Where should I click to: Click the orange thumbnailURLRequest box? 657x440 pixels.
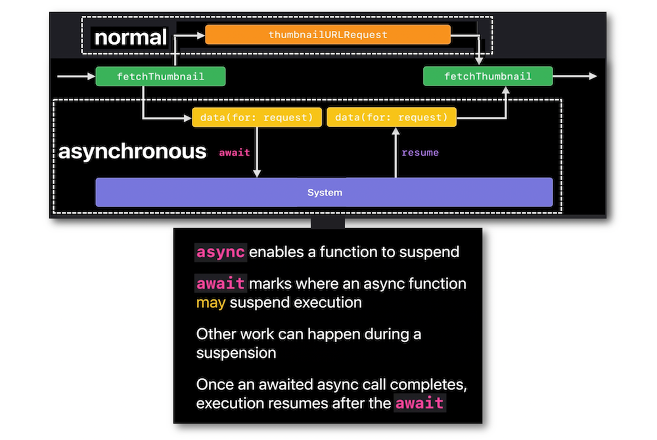(x=328, y=34)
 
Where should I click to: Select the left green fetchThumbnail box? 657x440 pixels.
(x=160, y=76)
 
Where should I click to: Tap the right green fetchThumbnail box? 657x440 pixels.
(x=487, y=76)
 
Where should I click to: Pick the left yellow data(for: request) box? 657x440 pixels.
(x=256, y=117)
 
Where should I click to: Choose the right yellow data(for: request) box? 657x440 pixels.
(x=392, y=117)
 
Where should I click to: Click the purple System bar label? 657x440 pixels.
(x=325, y=193)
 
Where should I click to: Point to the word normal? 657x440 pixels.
(x=131, y=37)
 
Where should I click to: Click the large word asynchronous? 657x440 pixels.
(x=133, y=151)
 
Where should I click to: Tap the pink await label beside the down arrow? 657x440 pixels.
(x=235, y=153)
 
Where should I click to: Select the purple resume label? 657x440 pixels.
(x=420, y=153)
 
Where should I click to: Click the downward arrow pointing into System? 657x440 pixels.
(x=257, y=152)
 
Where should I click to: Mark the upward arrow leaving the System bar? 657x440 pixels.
(x=395, y=153)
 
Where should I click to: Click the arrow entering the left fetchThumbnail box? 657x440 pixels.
(x=76, y=76)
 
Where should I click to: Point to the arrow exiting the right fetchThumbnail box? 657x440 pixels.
(x=575, y=76)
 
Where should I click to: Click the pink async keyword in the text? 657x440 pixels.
(x=220, y=252)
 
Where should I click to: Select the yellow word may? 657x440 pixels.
(x=211, y=303)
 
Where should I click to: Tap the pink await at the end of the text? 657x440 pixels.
(x=419, y=404)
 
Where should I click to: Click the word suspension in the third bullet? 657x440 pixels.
(x=236, y=353)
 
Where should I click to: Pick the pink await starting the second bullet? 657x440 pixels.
(x=220, y=284)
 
